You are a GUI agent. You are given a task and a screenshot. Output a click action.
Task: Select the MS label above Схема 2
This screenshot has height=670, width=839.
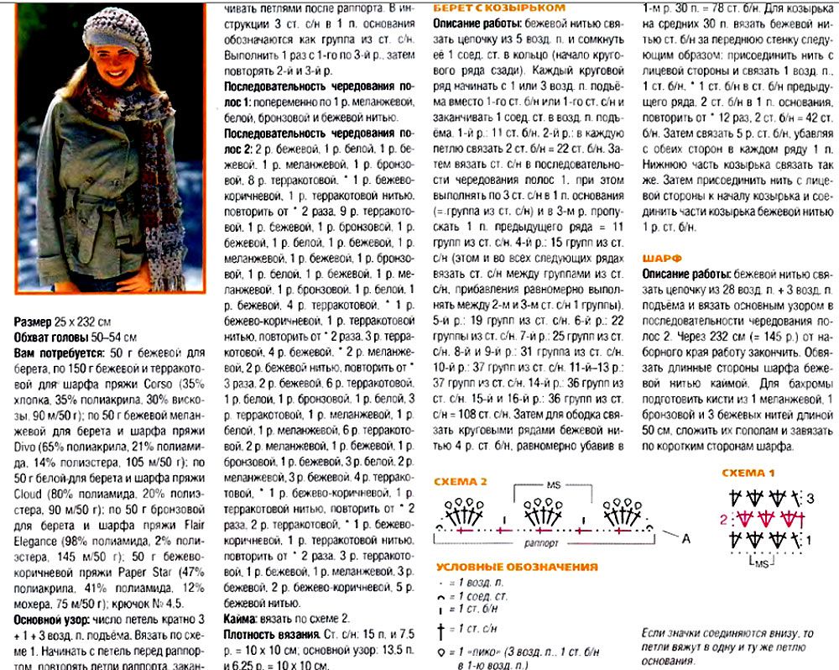point(553,484)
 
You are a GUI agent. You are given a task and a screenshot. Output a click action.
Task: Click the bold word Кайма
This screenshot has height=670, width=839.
point(243,618)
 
